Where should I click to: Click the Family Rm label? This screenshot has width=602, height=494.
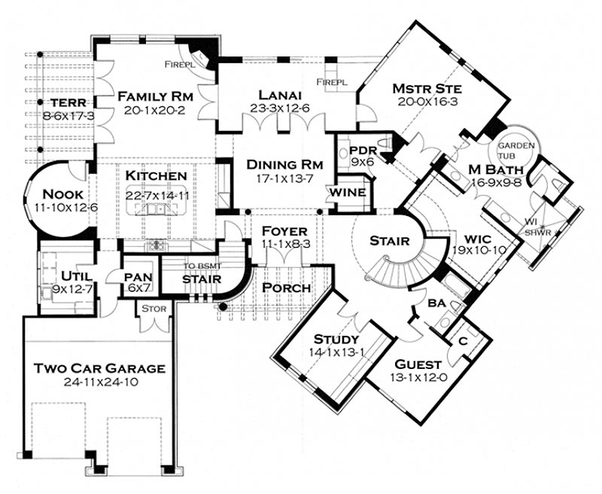pos(155,96)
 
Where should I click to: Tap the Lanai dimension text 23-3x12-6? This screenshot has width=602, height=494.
pos(280,108)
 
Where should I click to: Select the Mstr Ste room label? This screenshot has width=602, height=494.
pos(427,89)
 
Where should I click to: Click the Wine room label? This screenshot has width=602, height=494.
pos(348,193)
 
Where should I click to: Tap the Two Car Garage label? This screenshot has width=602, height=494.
pos(100,368)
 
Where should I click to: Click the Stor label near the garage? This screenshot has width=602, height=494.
pos(154,309)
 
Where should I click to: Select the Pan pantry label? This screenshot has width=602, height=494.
pos(138,277)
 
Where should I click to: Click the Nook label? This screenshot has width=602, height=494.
pos(62,194)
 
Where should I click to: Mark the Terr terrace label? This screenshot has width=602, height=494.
pos(68,103)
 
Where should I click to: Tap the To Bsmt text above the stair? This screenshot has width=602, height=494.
pos(202,266)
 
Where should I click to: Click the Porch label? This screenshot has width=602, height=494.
pos(287,288)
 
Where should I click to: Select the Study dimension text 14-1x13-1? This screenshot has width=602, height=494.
pos(336,352)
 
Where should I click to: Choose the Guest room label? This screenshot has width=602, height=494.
pos(418,364)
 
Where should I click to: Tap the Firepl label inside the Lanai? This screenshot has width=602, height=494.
pos(332,82)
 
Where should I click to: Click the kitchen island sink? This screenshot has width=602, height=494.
pos(156,209)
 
